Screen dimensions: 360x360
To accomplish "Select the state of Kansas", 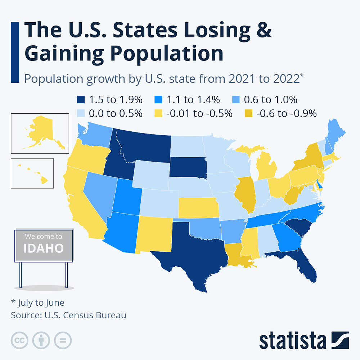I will point(198,208).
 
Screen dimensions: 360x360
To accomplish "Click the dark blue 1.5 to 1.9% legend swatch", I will point(81,99).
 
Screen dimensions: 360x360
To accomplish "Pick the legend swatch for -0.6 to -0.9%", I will point(248,114).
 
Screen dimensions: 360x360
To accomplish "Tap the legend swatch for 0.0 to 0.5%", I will point(81,114).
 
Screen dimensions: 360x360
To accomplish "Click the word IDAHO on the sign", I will point(44,248).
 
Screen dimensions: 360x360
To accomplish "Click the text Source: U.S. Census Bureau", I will point(68,315).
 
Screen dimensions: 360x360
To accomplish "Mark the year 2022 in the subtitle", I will point(283,78).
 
